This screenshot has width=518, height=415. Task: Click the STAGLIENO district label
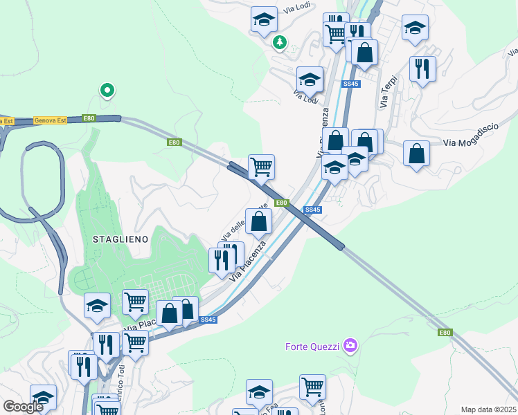pyautogui.click(x=120, y=238)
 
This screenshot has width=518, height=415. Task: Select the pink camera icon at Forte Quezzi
pyautogui.click(x=350, y=344)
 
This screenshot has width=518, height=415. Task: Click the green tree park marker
pyautogui.click(x=280, y=43)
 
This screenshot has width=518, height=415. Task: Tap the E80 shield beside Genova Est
pyautogui.click(x=89, y=118)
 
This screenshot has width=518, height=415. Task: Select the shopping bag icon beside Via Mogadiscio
pyautogui.click(x=416, y=154)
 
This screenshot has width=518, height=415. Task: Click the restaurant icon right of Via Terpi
pyautogui.click(x=422, y=69)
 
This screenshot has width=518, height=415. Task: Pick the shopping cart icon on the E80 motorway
pyautogui.click(x=261, y=166)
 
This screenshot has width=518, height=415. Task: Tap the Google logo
pyautogui.click(x=23, y=406)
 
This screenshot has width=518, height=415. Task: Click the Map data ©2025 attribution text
pyautogui.click(x=488, y=409)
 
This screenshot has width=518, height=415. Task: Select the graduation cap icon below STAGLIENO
pyautogui.click(x=97, y=305)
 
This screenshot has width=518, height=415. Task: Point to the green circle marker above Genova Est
pyautogui.click(x=107, y=89)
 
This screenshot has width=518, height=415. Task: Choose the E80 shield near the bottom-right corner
pyautogui.click(x=445, y=333)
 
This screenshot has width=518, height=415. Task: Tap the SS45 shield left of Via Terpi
pyautogui.click(x=351, y=84)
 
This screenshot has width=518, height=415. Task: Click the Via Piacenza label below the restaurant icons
pyautogui.click(x=247, y=261)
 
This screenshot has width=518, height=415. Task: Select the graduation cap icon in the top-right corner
pyautogui.click(x=415, y=28)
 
